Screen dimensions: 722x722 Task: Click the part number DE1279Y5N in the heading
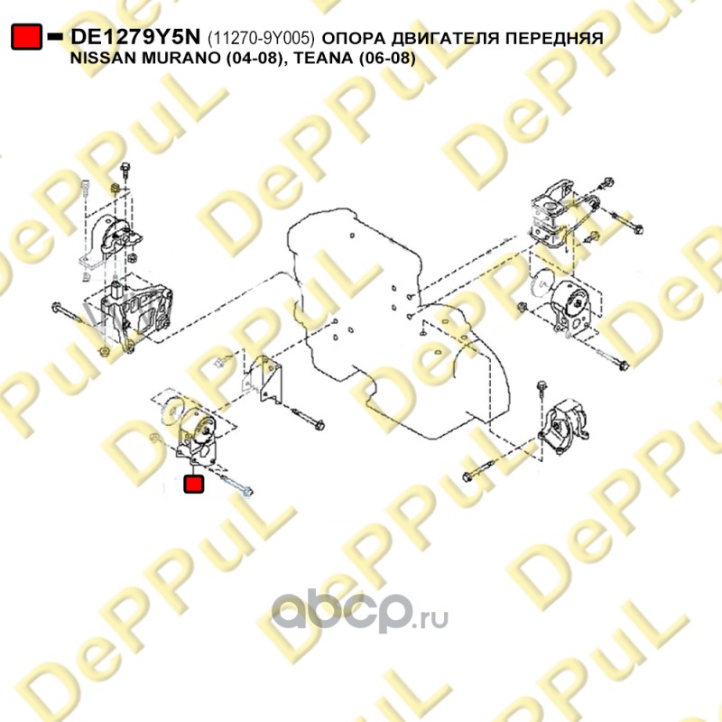[x=135, y=37]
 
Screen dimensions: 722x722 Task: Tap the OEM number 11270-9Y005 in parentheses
[x=261, y=38]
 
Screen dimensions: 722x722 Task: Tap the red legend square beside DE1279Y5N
[x=26, y=37]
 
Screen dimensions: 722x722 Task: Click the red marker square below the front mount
[x=193, y=484]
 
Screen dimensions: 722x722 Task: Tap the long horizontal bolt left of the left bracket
[x=69, y=312]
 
